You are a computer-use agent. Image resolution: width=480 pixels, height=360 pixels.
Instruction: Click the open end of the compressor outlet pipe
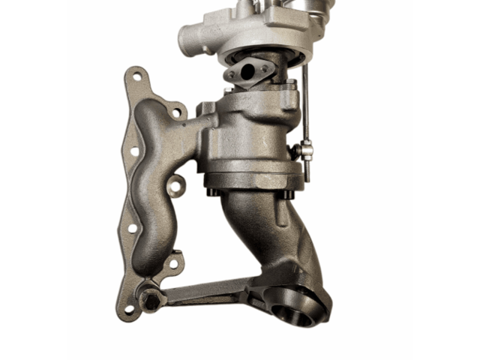(x=190, y=35)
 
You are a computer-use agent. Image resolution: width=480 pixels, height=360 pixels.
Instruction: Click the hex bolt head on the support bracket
(x=151, y=300)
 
